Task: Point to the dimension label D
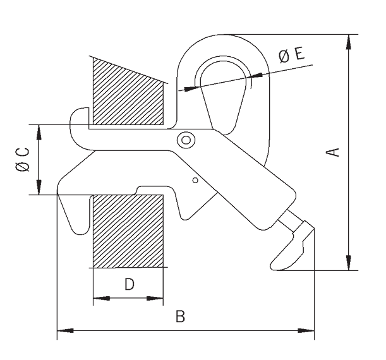pos(129,284)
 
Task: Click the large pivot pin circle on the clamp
pos(186,140)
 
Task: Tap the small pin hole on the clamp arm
pos(196,181)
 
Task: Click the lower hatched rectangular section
pos(128,231)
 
